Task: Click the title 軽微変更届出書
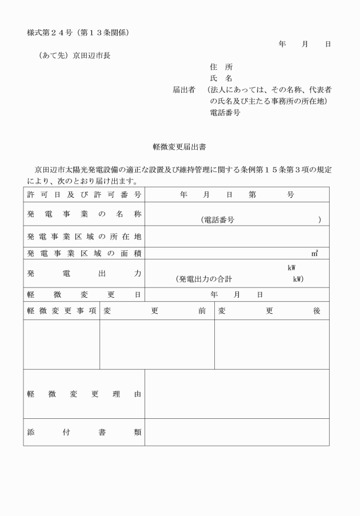(x=180, y=147)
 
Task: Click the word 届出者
(x=184, y=90)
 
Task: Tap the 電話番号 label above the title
(x=226, y=113)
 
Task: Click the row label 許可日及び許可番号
(x=84, y=195)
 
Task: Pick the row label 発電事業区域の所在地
(x=84, y=237)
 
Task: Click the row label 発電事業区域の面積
(x=84, y=253)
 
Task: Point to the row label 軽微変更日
(x=84, y=295)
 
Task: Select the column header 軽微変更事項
(x=61, y=311)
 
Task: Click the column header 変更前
(x=157, y=311)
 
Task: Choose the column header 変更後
(x=271, y=311)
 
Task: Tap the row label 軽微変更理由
(x=84, y=394)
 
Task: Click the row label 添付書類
(x=84, y=432)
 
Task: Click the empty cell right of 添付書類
(x=237, y=432)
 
